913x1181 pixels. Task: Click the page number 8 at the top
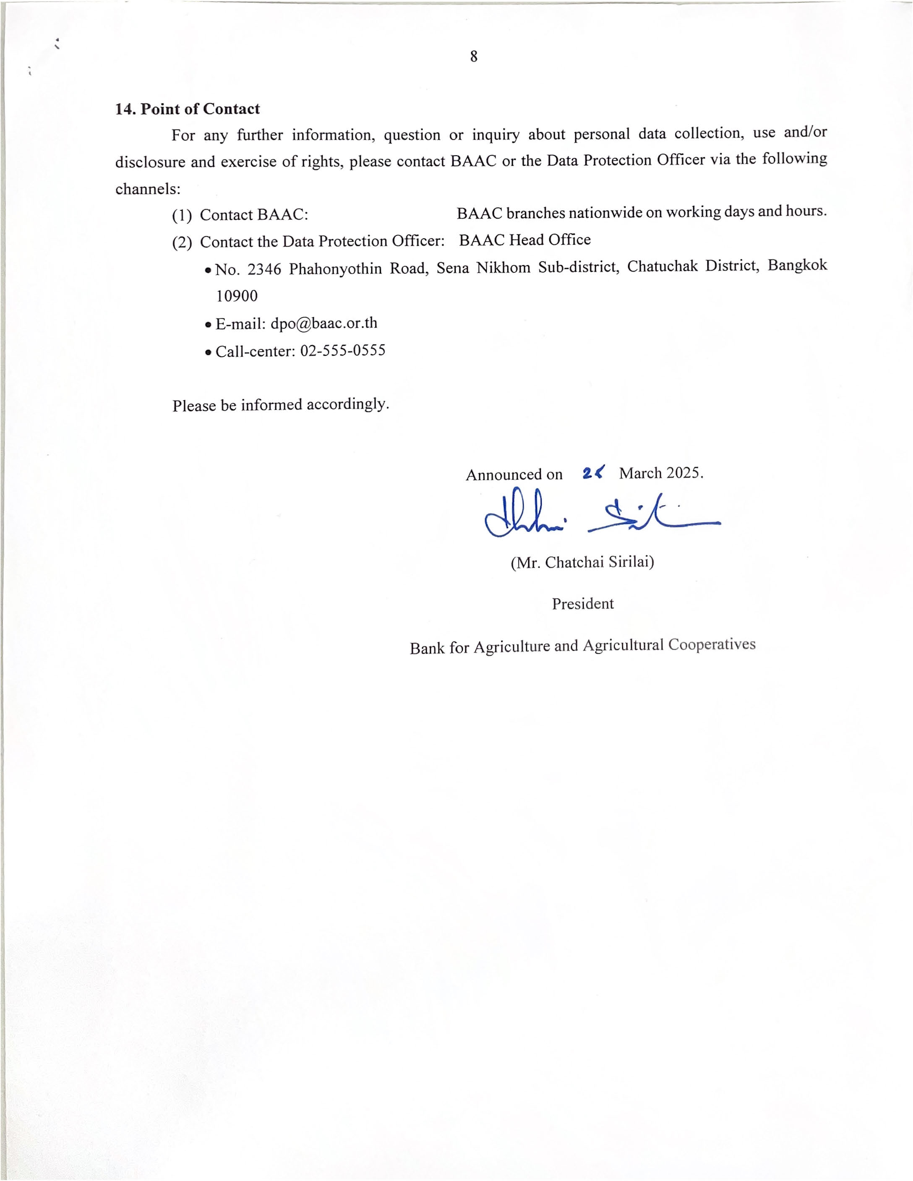tap(473, 56)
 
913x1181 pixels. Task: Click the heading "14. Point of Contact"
tap(187, 109)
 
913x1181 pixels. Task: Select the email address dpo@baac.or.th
tap(323, 323)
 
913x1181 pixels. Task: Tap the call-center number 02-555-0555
tap(342, 351)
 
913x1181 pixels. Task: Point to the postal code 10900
tap(237, 296)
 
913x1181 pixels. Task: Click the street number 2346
tap(264, 269)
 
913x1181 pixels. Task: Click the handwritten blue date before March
tap(593, 473)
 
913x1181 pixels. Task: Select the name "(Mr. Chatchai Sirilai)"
tap(582, 562)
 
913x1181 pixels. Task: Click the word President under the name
tap(582, 603)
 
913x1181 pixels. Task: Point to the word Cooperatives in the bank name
tap(711, 644)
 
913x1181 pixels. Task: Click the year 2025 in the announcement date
tap(683, 473)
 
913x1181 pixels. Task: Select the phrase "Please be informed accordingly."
tap(281, 405)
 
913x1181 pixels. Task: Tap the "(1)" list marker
tap(182, 216)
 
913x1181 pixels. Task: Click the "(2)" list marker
tap(182, 242)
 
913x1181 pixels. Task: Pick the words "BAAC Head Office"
tap(524, 240)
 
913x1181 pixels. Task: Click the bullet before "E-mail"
tap(208, 326)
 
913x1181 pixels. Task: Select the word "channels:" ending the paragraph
tap(148, 189)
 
